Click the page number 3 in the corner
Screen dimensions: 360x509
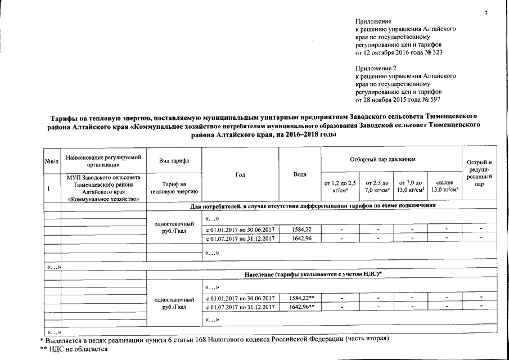[x=487, y=13]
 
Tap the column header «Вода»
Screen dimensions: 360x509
[x=300, y=174]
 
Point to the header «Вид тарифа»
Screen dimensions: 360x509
[x=173, y=161]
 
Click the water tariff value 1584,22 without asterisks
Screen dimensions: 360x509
[x=300, y=229]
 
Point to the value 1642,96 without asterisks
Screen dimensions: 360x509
[x=300, y=238]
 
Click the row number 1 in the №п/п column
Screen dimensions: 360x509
[x=49, y=188]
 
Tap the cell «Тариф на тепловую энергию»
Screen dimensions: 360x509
[x=173, y=188]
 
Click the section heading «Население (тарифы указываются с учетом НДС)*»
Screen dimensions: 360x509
[x=314, y=273]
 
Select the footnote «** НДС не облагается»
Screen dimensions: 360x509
[x=73, y=349]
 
